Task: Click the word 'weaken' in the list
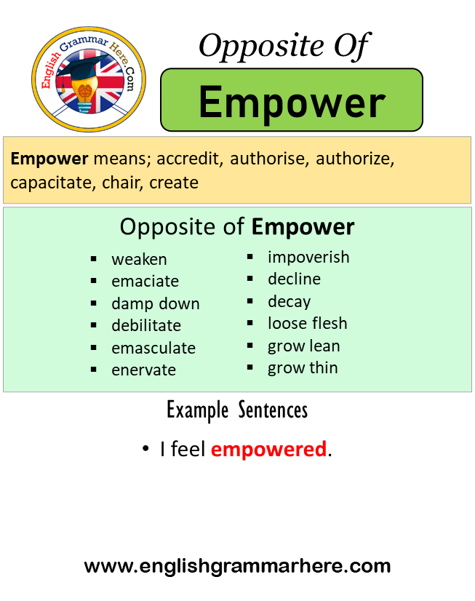pyautogui.click(x=139, y=259)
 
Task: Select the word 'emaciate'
pyautogui.click(x=145, y=281)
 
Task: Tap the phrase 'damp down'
pyautogui.click(x=155, y=303)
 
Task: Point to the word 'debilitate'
pyautogui.click(x=146, y=325)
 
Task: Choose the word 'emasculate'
pyautogui.click(x=153, y=348)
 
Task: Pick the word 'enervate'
pyautogui.click(x=143, y=370)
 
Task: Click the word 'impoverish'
pyautogui.click(x=308, y=257)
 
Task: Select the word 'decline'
pyautogui.click(x=294, y=279)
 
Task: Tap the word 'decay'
pyautogui.click(x=289, y=301)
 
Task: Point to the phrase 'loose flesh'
pyautogui.click(x=307, y=323)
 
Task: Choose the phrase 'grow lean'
pyautogui.click(x=303, y=346)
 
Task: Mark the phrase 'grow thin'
pyautogui.click(x=303, y=367)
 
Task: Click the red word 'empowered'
pyautogui.click(x=268, y=450)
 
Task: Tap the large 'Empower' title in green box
pyautogui.click(x=292, y=101)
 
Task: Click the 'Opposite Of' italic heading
pyautogui.click(x=284, y=46)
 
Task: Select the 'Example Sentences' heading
pyautogui.click(x=237, y=410)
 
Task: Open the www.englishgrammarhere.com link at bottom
pyautogui.click(x=237, y=565)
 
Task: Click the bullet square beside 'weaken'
pyautogui.click(x=94, y=259)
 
